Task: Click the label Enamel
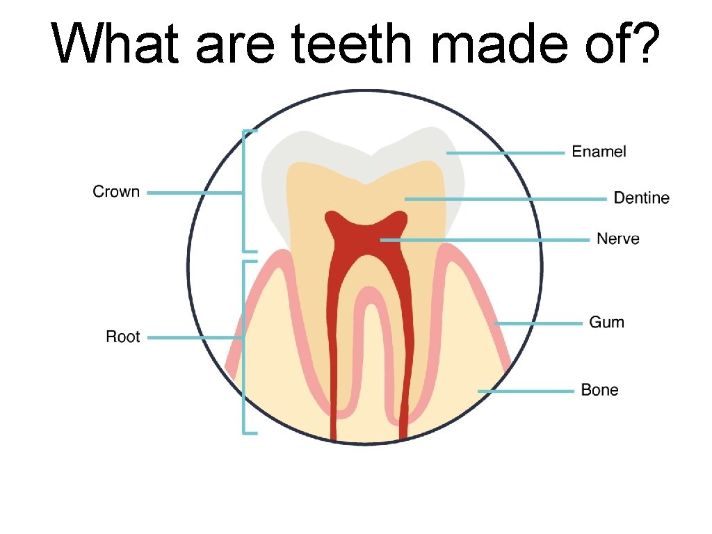coord(599,152)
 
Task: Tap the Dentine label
coord(641,198)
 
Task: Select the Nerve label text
coord(618,239)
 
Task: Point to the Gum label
coord(606,323)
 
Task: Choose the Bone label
coord(599,390)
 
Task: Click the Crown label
coord(116,192)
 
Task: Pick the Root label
coord(122,337)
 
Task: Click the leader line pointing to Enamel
coord(505,152)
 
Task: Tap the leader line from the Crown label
coord(195,193)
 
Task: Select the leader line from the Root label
coord(195,338)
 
